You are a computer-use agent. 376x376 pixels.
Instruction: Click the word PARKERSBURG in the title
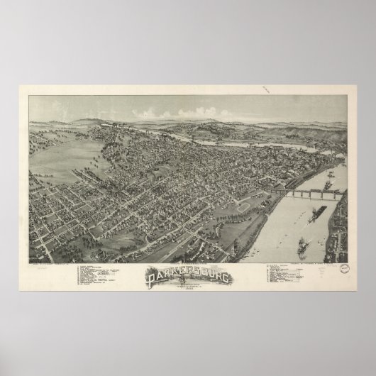[x=188, y=275]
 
